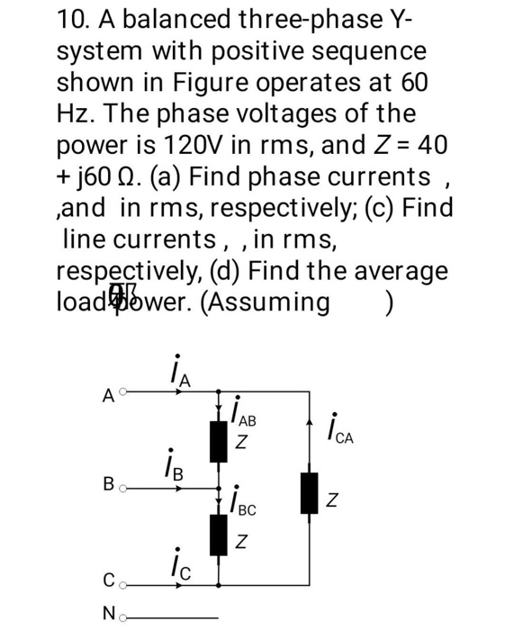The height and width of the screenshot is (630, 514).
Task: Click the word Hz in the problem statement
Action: (x=75, y=113)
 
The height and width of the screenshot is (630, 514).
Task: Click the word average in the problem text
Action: (x=393, y=270)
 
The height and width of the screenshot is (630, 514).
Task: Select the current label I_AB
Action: (x=241, y=416)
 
